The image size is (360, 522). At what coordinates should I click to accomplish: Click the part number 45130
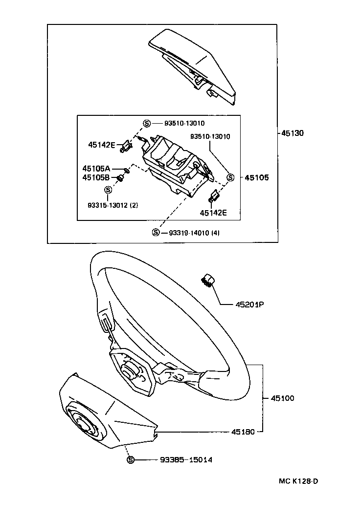(292, 133)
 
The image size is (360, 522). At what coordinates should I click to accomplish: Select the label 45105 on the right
(257, 177)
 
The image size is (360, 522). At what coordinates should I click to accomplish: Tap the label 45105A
(96, 168)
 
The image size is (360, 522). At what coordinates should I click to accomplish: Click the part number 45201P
(249, 304)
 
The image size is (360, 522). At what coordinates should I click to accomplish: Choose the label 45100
(282, 398)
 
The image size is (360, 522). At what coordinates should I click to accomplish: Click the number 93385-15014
(186, 460)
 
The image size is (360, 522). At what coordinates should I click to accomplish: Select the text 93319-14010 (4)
(194, 233)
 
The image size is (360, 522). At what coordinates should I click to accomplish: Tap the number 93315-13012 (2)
(112, 205)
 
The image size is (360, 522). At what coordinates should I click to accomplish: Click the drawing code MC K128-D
(298, 481)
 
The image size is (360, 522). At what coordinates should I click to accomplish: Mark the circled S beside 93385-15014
(131, 460)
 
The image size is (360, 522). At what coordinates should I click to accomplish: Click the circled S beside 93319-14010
(156, 232)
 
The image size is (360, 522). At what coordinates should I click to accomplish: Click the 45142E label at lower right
(213, 213)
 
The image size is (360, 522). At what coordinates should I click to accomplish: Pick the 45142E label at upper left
(102, 145)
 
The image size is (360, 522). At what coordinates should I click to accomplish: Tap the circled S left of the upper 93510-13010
(146, 123)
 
